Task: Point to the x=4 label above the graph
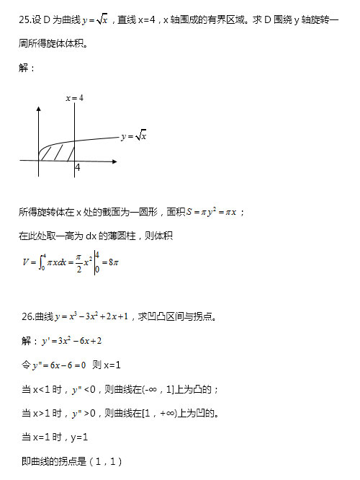coord(75,97)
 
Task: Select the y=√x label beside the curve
coord(134,135)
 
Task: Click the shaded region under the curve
coord(56,152)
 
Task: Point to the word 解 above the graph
coord(26,68)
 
